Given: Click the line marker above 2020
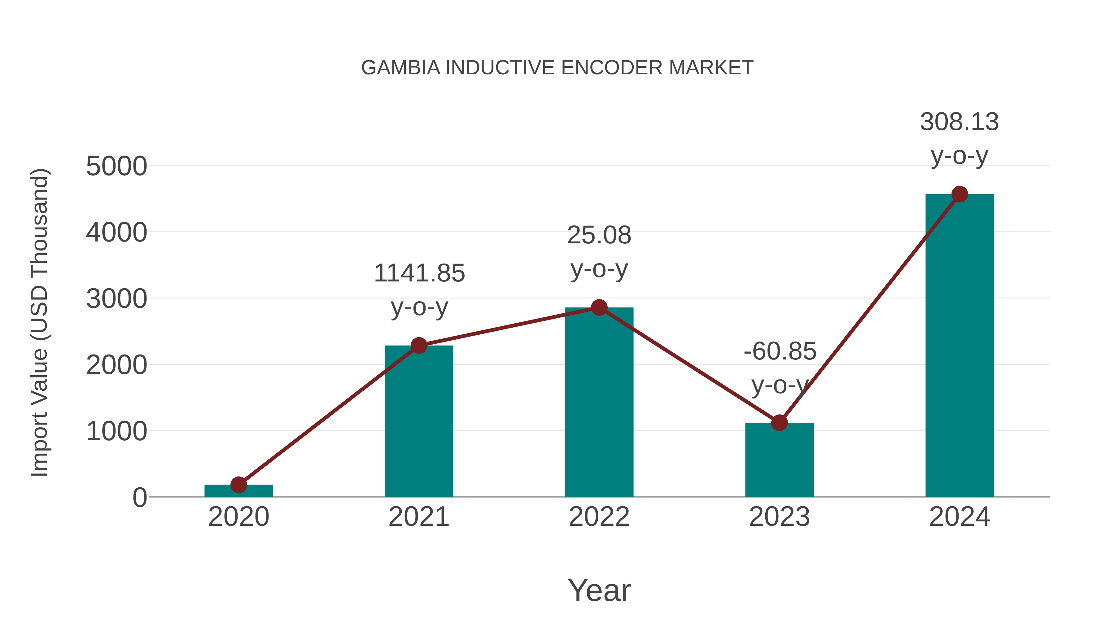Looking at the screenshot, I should [x=238, y=485].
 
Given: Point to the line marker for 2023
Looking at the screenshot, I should [x=779, y=423].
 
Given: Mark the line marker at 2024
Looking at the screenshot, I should [x=960, y=194].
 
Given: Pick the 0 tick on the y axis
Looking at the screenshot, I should [x=140, y=498].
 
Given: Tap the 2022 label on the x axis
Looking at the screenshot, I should [x=599, y=517].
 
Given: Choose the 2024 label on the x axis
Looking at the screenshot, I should [x=960, y=517].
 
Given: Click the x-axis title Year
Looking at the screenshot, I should [x=599, y=590].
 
